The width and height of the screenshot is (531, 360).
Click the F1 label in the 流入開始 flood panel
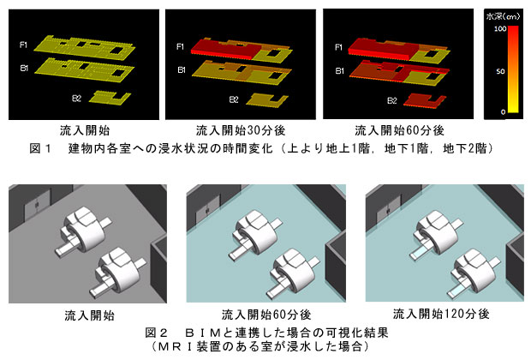point(23,45)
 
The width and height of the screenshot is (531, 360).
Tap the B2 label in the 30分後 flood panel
point(234,99)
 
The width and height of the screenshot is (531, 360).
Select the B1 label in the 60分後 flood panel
point(339,71)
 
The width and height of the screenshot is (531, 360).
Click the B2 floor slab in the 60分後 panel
point(425,100)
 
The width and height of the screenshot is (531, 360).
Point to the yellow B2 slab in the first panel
point(110,98)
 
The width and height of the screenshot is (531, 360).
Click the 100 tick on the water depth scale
point(500,28)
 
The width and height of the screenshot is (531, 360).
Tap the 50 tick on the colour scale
point(500,71)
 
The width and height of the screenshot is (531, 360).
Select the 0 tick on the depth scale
point(504,112)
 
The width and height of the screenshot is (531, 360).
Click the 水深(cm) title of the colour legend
point(503,16)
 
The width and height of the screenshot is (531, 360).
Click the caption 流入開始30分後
point(241,130)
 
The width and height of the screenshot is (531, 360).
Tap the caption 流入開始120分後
point(441,314)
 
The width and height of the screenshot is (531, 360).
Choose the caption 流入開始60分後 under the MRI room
point(266,315)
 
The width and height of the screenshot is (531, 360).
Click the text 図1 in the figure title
point(40,148)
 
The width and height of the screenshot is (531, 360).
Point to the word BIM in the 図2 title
point(203,333)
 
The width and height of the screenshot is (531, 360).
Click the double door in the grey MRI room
point(37,205)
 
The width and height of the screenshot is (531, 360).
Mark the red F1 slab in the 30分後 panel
point(222,48)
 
